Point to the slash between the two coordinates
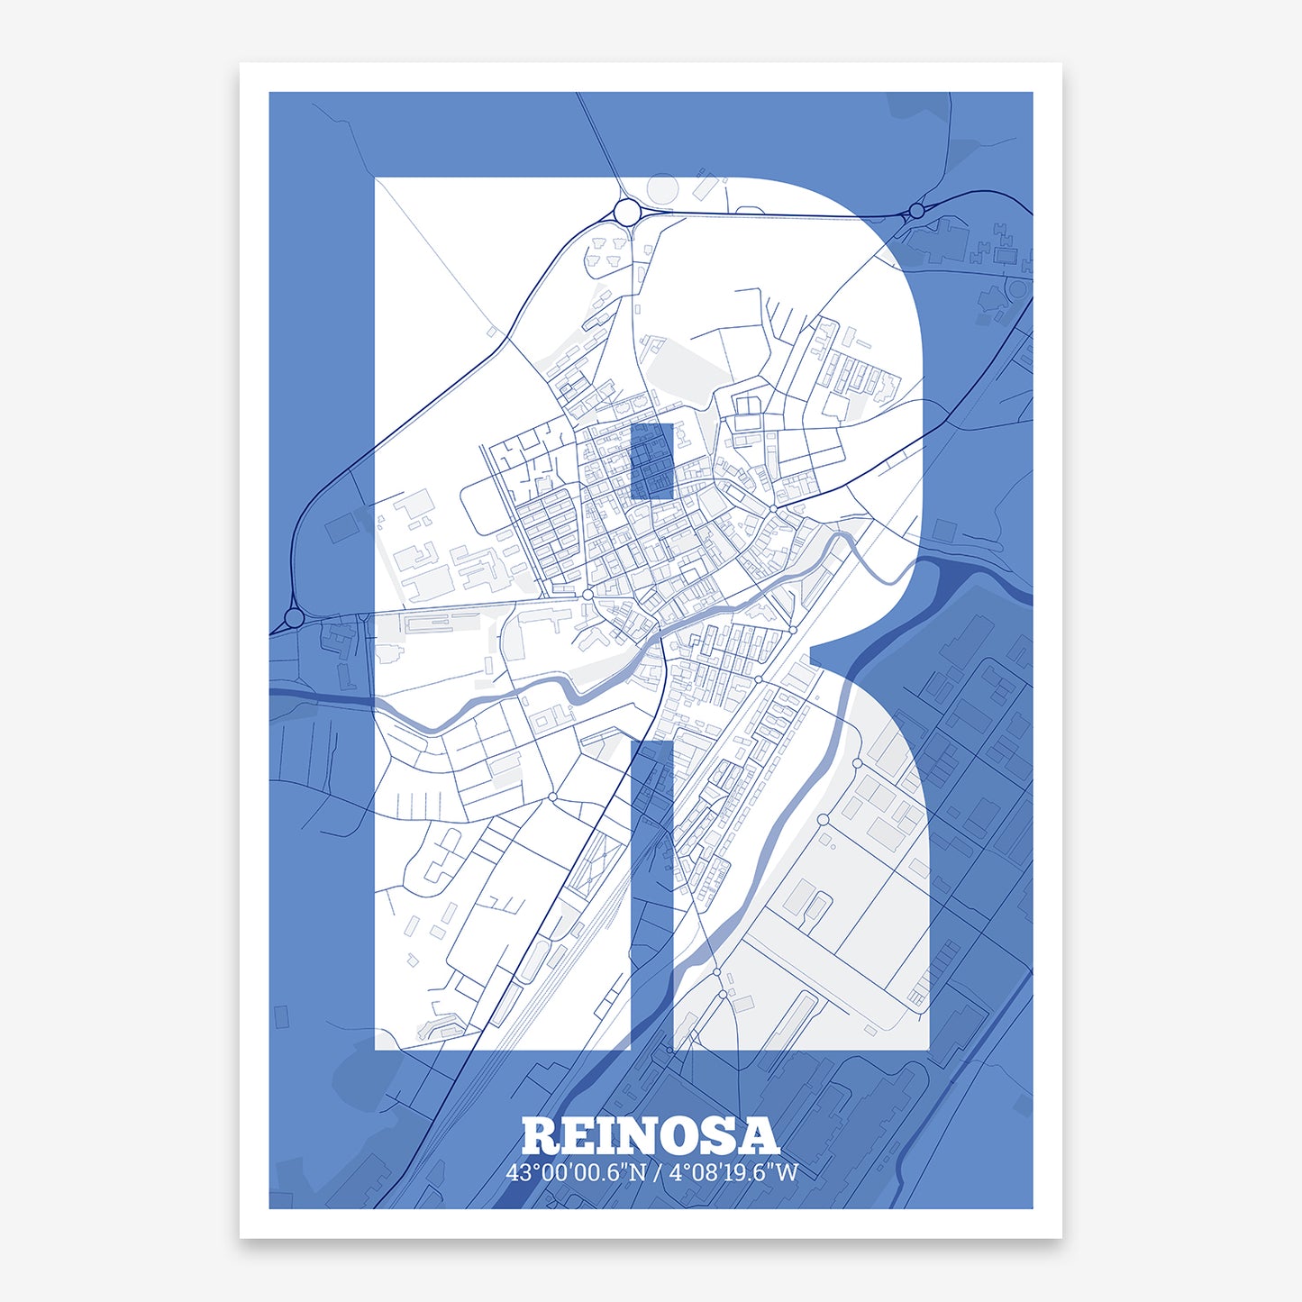(659, 1172)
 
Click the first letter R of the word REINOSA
(542, 1137)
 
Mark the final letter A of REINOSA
(759, 1137)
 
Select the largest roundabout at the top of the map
(627, 212)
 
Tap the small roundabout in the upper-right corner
(916, 211)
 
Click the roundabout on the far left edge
(294, 618)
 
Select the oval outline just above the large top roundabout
(663, 190)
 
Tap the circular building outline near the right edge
(1017, 289)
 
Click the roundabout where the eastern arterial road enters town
(774, 509)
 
